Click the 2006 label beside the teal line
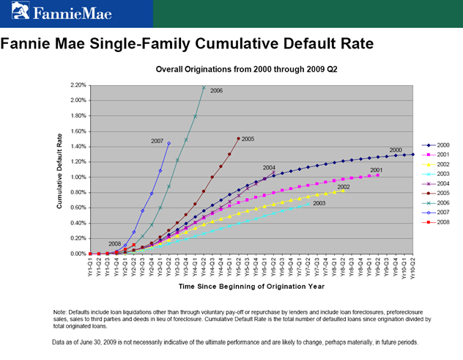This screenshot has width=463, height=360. click(x=216, y=90)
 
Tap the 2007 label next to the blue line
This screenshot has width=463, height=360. click(x=157, y=140)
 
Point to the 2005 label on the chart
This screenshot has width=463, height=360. click(x=248, y=139)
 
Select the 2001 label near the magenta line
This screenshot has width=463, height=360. click(x=377, y=170)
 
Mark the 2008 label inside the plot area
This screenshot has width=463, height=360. click(x=114, y=243)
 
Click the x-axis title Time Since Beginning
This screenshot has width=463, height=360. click(x=251, y=284)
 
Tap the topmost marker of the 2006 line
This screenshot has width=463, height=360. click(x=204, y=87)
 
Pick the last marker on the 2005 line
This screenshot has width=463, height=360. click(x=238, y=138)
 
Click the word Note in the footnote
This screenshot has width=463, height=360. click(x=62, y=313)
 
